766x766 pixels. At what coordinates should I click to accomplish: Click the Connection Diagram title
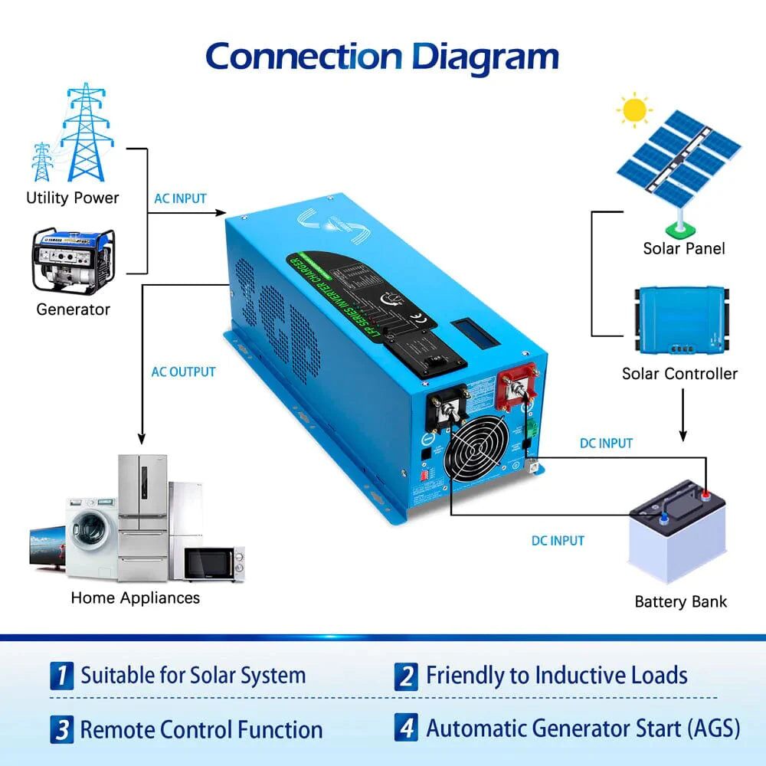382,57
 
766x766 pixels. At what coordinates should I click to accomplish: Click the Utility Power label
73,198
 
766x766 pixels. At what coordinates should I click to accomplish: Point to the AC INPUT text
180,198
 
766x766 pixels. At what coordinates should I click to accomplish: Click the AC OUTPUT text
183,372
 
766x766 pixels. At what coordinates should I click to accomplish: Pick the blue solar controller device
679,320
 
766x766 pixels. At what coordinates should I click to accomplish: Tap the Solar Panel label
683,248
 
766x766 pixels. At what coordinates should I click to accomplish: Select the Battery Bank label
680,601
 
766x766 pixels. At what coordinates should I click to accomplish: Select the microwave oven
212,565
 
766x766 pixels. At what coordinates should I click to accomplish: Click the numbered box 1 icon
62,676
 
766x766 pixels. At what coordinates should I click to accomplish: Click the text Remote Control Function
201,729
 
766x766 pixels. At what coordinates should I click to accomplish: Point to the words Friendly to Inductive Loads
556,676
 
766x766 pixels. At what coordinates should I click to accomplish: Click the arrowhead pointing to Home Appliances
141,438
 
